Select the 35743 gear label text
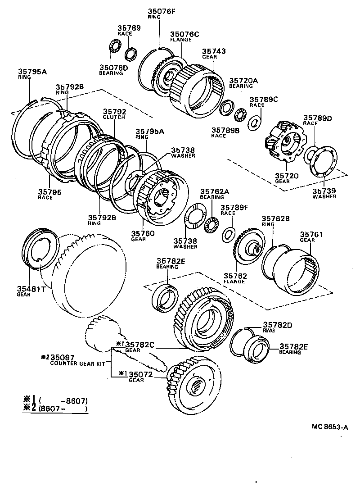point(214,52)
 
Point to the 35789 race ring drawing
point(131,53)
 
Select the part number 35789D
point(317,118)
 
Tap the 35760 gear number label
point(143,233)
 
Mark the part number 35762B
point(275,218)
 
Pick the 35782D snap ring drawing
point(240,342)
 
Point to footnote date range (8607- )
point(63,409)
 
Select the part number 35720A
point(243,81)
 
